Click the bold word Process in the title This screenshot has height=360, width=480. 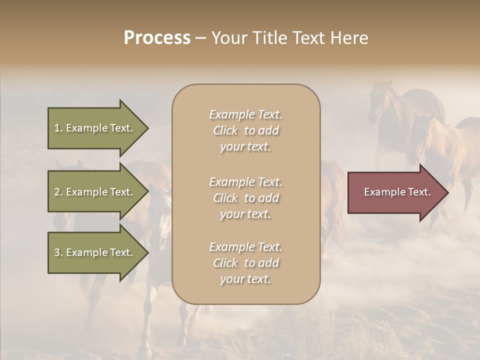point(157,38)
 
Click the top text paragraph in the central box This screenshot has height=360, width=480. point(245,130)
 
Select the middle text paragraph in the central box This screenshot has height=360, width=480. point(245,198)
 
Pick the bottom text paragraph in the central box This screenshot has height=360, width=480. point(245,263)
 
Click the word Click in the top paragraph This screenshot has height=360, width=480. point(225,130)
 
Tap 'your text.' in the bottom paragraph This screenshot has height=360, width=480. point(245,279)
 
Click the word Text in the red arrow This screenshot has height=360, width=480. point(418,192)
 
